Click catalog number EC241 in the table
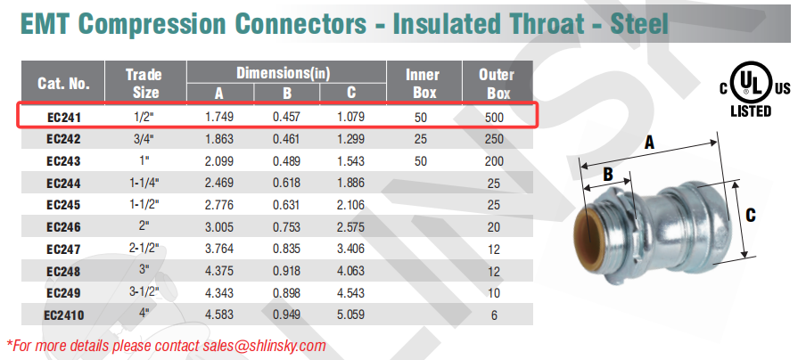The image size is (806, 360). (x=63, y=117)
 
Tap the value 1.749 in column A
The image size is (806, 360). (x=219, y=117)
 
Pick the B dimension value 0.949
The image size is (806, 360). (x=286, y=315)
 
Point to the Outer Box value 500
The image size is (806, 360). (x=494, y=117)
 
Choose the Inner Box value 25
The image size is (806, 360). (x=421, y=139)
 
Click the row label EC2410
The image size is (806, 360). (x=63, y=315)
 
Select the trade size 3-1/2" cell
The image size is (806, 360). (x=144, y=293)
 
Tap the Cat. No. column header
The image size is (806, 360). (x=63, y=83)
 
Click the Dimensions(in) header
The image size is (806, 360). (x=283, y=73)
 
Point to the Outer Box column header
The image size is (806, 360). (x=497, y=83)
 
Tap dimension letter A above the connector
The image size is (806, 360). (x=649, y=143)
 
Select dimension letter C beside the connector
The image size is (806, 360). (x=751, y=215)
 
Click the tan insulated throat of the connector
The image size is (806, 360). (x=587, y=233)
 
